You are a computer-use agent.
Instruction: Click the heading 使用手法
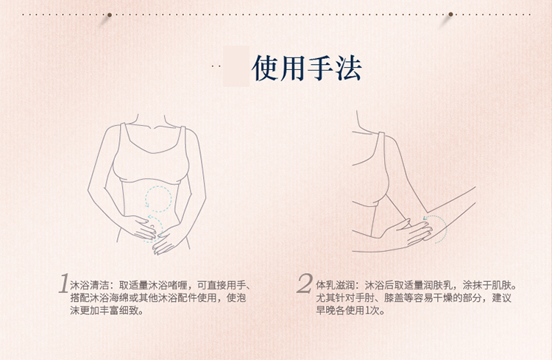tap(306, 68)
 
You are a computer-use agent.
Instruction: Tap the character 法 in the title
tap(348, 68)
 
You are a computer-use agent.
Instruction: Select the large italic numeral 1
tap(64, 284)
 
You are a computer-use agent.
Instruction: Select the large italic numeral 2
tap(305, 284)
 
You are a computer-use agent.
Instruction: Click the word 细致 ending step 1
tap(132, 311)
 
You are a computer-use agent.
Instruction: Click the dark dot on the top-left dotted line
tap(110, 14)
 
